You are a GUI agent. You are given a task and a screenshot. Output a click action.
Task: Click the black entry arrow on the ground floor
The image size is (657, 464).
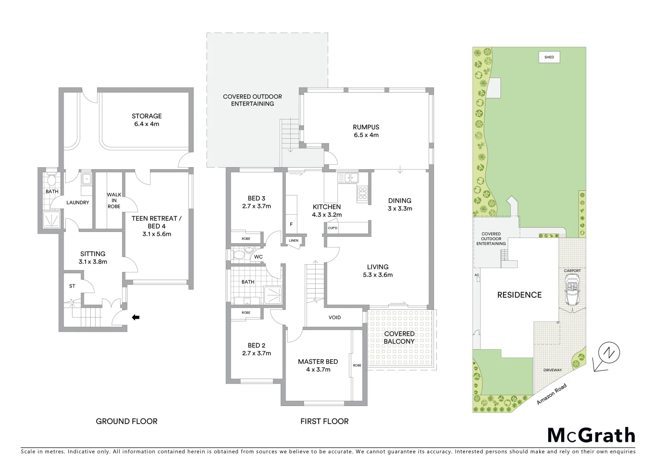click(x=135, y=317)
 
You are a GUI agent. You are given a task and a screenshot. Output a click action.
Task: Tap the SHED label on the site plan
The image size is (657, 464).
click(x=549, y=57)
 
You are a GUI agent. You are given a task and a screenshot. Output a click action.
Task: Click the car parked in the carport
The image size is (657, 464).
click(x=572, y=291)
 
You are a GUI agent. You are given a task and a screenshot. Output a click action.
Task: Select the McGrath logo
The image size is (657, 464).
click(x=591, y=435)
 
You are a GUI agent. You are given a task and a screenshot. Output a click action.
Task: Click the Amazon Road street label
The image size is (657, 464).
click(x=552, y=394)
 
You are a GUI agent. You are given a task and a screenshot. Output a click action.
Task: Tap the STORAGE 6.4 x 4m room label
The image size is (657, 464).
click(x=147, y=120)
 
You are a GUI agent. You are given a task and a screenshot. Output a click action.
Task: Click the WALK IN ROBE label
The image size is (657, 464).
click(x=114, y=201)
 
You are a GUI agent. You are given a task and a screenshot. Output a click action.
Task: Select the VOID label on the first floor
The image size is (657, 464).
click(x=335, y=317)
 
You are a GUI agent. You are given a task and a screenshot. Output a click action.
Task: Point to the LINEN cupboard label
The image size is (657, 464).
click(x=294, y=241)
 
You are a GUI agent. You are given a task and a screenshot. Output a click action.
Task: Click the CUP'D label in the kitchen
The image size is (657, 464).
click(x=332, y=228)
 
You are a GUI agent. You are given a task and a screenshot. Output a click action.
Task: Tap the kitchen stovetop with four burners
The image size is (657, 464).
click(x=362, y=194)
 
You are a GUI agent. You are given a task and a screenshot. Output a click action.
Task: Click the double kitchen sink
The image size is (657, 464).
click(x=348, y=177)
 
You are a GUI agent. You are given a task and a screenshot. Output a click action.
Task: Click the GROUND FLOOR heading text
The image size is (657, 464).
click(x=126, y=421)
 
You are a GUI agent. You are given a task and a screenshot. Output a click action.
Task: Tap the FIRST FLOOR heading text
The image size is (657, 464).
click(x=324, y=421)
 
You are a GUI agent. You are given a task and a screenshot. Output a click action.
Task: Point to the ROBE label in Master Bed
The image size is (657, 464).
click(x=357, y=365)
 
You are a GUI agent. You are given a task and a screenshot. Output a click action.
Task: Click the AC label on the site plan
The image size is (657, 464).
click(x=476, y=275)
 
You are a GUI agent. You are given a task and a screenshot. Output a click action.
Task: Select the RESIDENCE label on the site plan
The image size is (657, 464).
click(x=519, y=295)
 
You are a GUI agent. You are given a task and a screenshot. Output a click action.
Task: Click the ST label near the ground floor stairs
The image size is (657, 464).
click(x=72, y=286)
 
